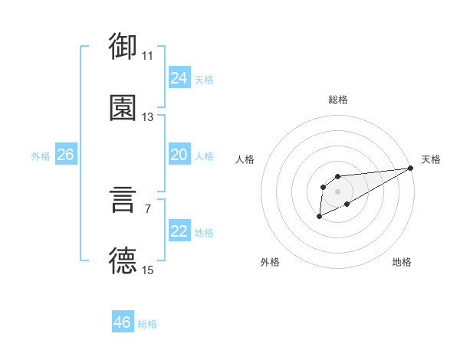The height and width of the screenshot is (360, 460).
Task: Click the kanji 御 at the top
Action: (x=123, y=46)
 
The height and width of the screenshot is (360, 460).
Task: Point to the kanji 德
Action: (x=123, y=260)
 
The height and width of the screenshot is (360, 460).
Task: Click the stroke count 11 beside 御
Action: (x=148, y=56)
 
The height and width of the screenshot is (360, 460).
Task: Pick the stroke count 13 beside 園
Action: (x=148, y=117)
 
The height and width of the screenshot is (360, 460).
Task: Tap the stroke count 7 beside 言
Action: (x=148, y=208)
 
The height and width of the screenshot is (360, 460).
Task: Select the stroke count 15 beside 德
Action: (x=148, y=270)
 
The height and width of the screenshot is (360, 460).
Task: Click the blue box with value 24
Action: (x=179, y=78)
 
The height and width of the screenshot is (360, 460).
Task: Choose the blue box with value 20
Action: (x=179, y=155)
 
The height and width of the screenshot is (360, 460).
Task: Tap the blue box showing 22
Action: (x=179, y=231)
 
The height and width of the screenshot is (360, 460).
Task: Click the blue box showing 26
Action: (x=65, y=155)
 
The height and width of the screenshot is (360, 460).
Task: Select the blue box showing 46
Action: (x=122, y=322)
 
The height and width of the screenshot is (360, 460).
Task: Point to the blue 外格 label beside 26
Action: (x=41, y=156)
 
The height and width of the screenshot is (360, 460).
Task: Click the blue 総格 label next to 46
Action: (x=147, y=324)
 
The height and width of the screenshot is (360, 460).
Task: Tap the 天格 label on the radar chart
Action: (x=431, y=159)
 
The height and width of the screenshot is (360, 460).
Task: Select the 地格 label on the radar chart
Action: (x=402, y=262)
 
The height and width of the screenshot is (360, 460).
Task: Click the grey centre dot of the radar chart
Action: (x=337, y=191)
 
